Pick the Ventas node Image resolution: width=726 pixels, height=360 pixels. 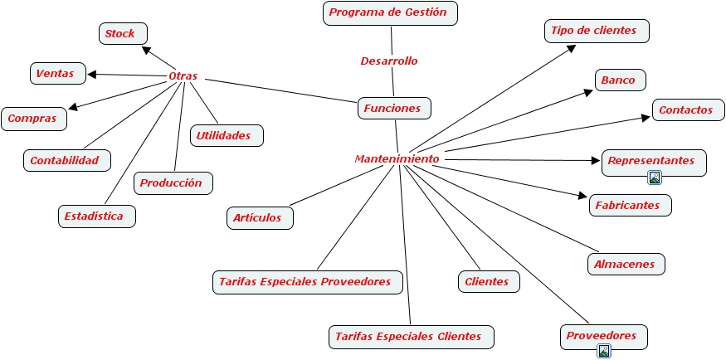[56, 74]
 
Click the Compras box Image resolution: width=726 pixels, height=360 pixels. [33, 119]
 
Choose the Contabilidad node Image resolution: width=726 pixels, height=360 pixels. [66, 160]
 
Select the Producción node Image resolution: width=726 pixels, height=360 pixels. [172, 182]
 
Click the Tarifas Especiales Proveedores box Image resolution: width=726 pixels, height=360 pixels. [306, 282]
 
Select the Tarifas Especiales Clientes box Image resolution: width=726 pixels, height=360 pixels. [410, 337]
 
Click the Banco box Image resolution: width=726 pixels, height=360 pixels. [619, 80]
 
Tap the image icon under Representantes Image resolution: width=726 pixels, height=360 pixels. [655, 177]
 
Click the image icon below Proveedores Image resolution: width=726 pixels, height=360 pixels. [604, 351]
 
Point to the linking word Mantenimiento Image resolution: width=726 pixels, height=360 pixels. [397, 158]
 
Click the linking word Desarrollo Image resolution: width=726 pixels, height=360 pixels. [389, 61]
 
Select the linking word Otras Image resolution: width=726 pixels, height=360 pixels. [183, 76]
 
